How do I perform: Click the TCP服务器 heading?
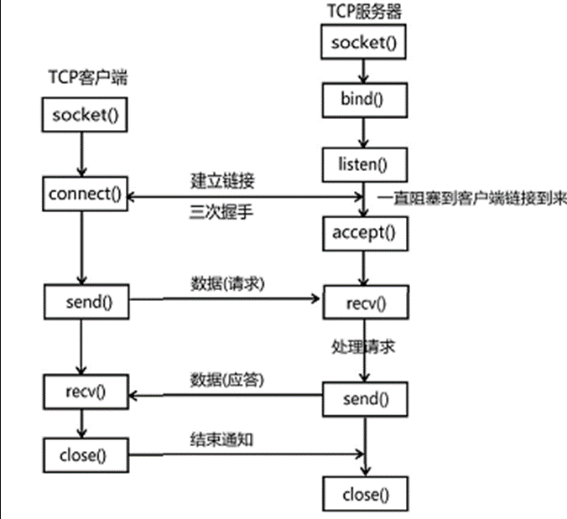point(365,11)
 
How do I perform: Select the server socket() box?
point(364,42)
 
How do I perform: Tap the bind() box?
point(364,101)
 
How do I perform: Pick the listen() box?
point(364,162)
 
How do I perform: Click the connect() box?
point(85,195)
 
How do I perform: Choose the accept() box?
point(364,232)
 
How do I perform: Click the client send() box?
point(86,299)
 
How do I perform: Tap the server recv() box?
point(365,301)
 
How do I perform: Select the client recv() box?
point(86,391)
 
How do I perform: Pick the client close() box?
point(86,455)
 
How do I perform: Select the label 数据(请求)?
point(228,283)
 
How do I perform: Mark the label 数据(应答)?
point(228,378)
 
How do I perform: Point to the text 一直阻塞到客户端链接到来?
point(471,199)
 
